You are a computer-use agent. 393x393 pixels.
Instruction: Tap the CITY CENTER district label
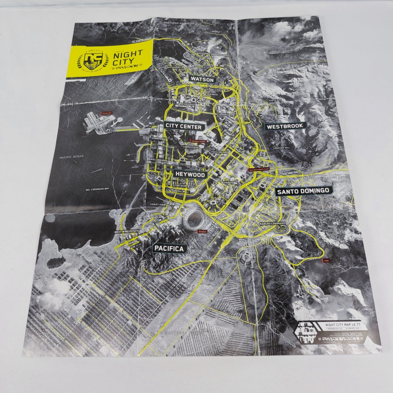[183, 127]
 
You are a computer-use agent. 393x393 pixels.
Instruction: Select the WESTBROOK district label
[285, 126]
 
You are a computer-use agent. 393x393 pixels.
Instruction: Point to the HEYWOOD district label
[190, 175]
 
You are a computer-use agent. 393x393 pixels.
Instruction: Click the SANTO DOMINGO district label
[303, 191]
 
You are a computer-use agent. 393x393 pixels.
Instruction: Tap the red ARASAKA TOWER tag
[198, 141]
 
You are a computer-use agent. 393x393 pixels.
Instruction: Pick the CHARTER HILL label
[281, 148]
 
